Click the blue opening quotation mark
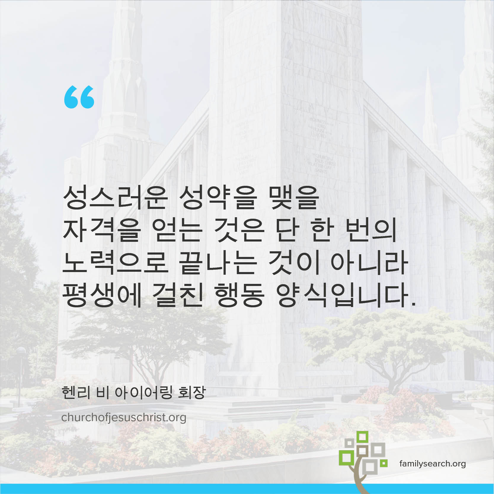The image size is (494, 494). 79,97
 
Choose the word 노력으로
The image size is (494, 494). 115,263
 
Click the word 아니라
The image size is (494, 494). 370,263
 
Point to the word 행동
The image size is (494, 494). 239,296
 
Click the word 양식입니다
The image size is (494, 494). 346,296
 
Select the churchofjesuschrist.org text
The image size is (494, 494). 124,418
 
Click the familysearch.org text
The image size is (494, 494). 432,463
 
